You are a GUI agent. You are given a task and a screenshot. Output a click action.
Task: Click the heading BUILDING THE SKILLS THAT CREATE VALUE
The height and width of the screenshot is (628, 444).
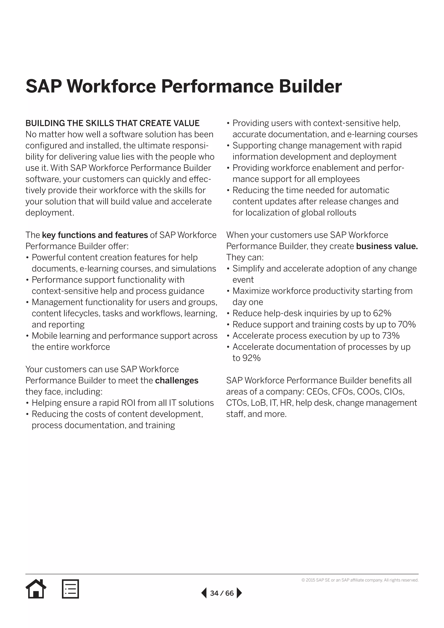[x=112, y=123]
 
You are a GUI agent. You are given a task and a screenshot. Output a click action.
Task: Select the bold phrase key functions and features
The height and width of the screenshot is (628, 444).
[x=95, y=235]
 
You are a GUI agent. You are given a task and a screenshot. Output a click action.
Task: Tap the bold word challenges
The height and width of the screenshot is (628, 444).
[x=177, y=381]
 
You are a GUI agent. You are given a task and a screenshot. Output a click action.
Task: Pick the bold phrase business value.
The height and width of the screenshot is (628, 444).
[x=387, y=246]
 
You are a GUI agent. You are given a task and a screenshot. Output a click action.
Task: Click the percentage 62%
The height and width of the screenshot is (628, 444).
[x=382, y=313]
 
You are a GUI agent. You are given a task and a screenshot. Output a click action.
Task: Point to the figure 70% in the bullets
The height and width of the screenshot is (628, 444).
[x=407, y=324]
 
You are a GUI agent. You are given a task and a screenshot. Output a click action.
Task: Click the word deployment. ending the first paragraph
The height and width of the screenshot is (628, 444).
[x=50, y=213]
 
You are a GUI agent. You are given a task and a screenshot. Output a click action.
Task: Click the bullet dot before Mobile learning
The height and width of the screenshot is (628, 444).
[x=27, y=336]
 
